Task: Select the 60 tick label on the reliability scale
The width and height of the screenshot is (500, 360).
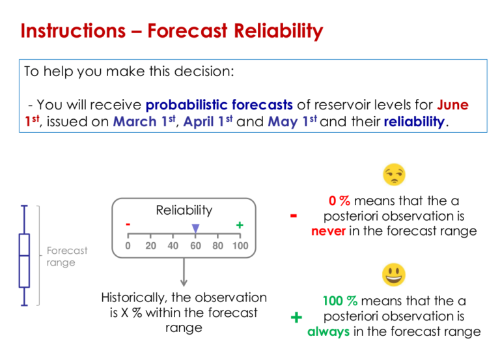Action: point(195,245)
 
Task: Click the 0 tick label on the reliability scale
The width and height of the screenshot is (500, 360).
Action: point(128,245)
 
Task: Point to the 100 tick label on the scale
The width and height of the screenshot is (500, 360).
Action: point(240,245)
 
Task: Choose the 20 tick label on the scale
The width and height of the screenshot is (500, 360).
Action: point(150,245)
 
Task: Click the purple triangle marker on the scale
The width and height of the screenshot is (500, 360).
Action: point(195,227)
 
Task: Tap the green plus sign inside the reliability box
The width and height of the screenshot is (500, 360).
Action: point(240,225)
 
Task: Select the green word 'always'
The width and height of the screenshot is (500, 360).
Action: point(328,332)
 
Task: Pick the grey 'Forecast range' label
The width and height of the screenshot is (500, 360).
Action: point(66,256)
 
